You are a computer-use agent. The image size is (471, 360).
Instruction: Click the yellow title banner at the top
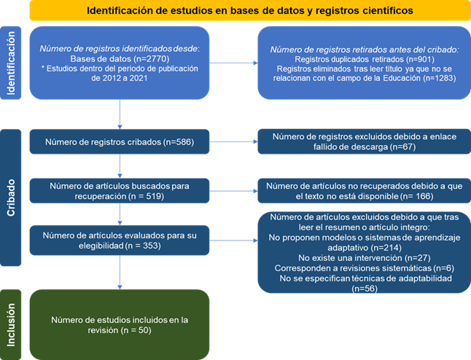point(250,10)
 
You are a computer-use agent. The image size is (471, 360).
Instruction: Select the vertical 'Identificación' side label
point(11,63)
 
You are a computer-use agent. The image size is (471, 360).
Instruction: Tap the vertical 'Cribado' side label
point(11,197)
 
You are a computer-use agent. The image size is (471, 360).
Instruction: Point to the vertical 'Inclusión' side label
point(11,324)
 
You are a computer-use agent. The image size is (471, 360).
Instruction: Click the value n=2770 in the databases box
point(151,58)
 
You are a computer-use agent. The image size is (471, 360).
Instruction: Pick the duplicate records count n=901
point(421,59)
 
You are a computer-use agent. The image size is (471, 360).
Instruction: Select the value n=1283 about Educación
point(440,79)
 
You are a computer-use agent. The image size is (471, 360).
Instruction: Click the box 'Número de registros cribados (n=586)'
point(120,141)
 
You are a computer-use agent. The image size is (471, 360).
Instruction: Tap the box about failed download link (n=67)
point(365,141)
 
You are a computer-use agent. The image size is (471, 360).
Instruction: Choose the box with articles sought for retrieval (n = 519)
point(120,191)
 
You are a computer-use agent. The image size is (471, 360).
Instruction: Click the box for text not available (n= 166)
point(365,191)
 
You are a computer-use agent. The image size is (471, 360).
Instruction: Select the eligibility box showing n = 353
point(120,240)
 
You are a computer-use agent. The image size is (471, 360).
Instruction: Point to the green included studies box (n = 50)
point(120,324)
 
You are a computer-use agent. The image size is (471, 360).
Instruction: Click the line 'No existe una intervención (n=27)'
point(365,258)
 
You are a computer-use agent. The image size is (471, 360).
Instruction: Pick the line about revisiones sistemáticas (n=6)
point(365,268)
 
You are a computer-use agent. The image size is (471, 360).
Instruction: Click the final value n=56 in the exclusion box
point(365,289)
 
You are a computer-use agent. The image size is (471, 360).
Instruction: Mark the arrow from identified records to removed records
point(233,63)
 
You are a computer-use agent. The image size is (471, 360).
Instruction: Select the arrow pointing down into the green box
point(120,273)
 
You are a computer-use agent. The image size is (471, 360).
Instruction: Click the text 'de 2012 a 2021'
point(120,79)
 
